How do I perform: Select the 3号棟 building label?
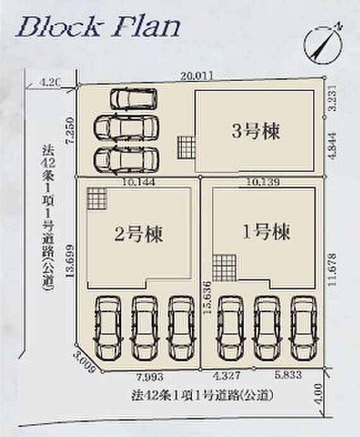(255, 131)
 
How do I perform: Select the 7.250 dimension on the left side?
(70, 131)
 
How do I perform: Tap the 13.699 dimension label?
(70, 261)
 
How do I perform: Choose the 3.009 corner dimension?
(83, 364)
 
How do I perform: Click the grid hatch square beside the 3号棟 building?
(186, 147)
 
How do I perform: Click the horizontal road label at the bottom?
(202, 397)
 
